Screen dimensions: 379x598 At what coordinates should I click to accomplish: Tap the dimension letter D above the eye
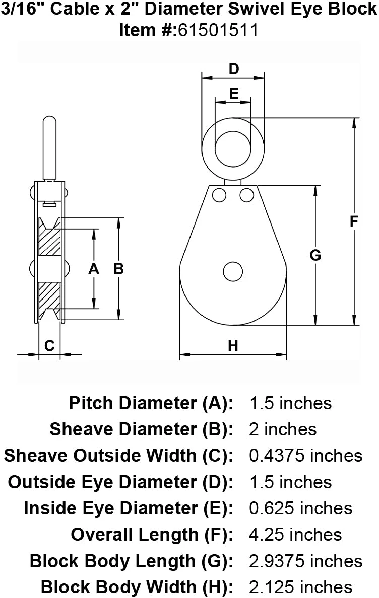[233, 69]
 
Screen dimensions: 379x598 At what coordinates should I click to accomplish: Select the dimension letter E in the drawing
[233, 93]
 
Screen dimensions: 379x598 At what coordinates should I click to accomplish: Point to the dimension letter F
[354, 221]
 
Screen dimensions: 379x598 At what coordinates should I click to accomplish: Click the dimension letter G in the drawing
[315, 255]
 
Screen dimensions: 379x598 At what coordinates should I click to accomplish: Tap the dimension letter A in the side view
[94, 269]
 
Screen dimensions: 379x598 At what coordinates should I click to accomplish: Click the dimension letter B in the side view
[119, 269]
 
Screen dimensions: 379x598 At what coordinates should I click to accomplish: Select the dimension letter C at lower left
[49, 345]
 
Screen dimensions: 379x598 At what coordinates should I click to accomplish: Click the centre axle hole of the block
[233, 271]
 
